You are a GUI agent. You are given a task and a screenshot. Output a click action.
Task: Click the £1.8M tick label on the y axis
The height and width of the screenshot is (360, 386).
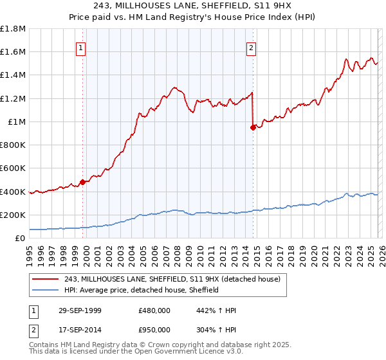(13, 29)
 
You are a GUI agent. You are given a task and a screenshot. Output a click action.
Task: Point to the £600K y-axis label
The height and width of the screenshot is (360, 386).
(13, 168)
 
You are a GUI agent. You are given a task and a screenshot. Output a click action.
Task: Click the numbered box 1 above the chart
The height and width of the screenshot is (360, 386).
(81, 47)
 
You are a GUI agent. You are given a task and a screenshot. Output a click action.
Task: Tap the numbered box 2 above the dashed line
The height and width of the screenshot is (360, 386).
(251, 47)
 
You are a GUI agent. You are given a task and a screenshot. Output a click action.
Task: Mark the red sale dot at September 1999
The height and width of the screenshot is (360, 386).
(83, 182)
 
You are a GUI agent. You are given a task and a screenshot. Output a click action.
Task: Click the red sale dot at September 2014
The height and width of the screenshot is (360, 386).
(253, 127)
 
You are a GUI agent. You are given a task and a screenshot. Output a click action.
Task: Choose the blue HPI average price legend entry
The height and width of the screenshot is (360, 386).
(142, 291)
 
